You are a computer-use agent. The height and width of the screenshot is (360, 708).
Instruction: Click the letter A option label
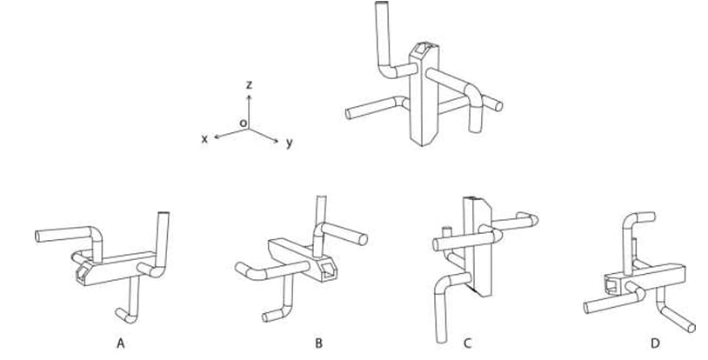click(x=121, y=343)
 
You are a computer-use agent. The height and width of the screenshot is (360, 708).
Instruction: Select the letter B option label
click(x=319, y=343)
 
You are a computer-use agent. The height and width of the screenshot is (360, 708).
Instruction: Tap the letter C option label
click(x=467, y=343)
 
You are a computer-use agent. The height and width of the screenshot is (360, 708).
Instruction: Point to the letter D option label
click(x=655, y=343)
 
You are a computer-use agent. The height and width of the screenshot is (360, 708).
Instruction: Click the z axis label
click(x=249, y=84)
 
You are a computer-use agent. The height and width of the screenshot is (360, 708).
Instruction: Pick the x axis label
click(x=204, y=139)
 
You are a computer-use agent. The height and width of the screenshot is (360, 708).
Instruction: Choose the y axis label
click(x=289, y=143)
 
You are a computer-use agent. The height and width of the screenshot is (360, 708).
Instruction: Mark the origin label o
click(x=243, y=123)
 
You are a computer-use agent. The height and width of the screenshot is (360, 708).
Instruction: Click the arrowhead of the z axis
click(x=249, y=97)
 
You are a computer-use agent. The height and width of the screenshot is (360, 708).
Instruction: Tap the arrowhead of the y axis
click(x=276, y=141)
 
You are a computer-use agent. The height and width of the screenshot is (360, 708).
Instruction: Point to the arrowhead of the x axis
click(x=217, y=137)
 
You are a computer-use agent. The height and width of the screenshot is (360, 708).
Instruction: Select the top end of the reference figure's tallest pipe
click(x=382, y=3)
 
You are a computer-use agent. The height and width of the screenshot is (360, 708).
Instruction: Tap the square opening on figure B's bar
click(x=328, y=270)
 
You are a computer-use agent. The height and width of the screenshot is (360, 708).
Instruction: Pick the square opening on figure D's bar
click(x=612, y=284)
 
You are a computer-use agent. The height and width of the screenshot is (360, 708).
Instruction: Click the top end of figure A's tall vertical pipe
click(x=164, y=214)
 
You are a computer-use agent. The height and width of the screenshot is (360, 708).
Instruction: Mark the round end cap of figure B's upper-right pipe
click(x=363, y=239)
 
